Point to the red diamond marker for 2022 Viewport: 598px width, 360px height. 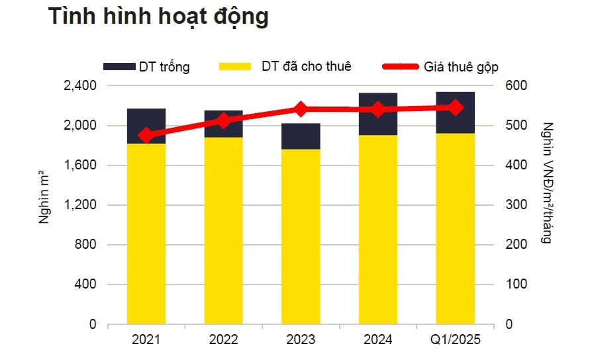pos(224,120)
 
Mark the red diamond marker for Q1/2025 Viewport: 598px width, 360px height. pos(455,107)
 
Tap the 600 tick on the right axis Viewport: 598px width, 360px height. pos(517,86)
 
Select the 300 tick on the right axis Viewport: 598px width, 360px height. pos(517,205)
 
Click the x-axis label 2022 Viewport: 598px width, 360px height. pos(224,340)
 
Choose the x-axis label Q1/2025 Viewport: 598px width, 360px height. pos(455,340)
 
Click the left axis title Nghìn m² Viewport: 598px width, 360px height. pos(44,199)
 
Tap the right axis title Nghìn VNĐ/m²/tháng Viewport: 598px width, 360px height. pos(547,183)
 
